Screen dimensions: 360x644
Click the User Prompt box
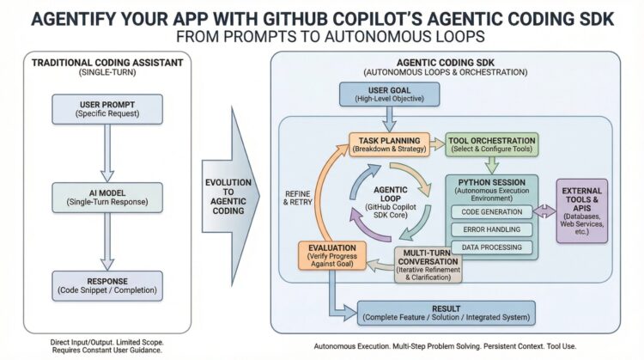pyautogui.click(x=104, y=111)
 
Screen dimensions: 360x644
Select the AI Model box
pyautogui.click(x=104, y=196)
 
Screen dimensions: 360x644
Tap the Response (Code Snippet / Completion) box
pyautogui.click(x=104, y=284)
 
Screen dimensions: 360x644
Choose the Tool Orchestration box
pyautogui.click(x=491, y=144)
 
